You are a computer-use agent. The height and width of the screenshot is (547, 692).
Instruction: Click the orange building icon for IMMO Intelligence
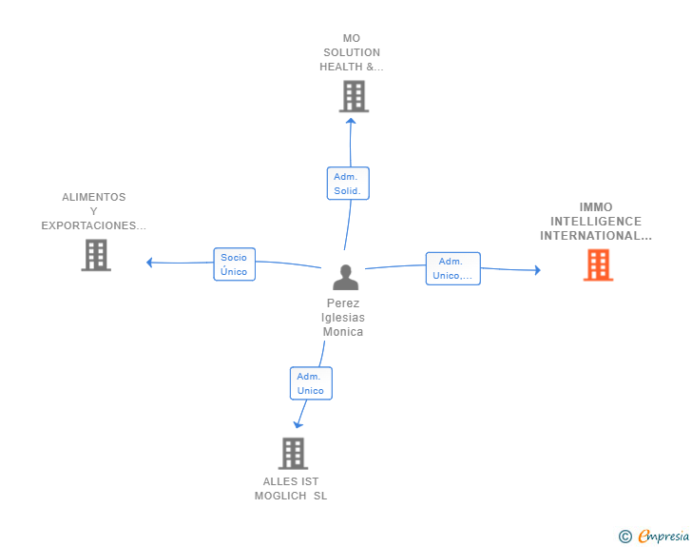tap(598, 264)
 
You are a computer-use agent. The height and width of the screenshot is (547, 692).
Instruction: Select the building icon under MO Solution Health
tap(354, 96)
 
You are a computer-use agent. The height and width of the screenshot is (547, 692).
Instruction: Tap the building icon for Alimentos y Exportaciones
tap(96, 255)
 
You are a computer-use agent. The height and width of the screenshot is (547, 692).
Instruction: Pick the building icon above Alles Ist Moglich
tap(293, 454)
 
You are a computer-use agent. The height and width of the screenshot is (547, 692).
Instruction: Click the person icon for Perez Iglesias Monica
tap(346, 277)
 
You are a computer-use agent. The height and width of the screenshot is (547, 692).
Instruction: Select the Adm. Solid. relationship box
tap(348, 184)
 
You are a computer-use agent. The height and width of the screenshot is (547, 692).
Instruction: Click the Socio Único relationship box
tap(235, 264)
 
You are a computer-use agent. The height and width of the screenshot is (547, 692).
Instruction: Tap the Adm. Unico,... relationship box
tap(452, 268)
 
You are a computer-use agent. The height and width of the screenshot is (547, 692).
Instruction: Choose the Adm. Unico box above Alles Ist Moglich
tap(311, 383)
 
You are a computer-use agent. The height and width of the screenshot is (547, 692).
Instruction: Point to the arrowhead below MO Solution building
tap(351, 121)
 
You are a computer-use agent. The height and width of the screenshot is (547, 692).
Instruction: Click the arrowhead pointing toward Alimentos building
tap(149, 263)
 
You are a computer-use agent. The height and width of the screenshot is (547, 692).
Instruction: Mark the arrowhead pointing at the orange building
tap(538, 270)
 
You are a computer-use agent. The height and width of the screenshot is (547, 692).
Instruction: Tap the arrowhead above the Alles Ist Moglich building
tap(298, 424)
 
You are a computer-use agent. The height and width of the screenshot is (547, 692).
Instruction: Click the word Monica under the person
tap(343, 332)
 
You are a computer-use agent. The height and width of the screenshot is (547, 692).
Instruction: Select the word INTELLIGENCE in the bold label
tap(596, 222)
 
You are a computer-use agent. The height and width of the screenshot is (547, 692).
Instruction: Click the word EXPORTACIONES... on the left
tap(93, 225)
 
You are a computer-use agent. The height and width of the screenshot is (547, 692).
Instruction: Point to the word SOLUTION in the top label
tap(352, 52)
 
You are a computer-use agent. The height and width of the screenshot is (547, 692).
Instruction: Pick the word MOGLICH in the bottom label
tap(280, 496)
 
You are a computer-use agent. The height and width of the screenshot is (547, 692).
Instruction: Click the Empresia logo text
tap(663, 536)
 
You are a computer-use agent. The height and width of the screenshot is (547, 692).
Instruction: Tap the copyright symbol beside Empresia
tap(625, 537)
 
